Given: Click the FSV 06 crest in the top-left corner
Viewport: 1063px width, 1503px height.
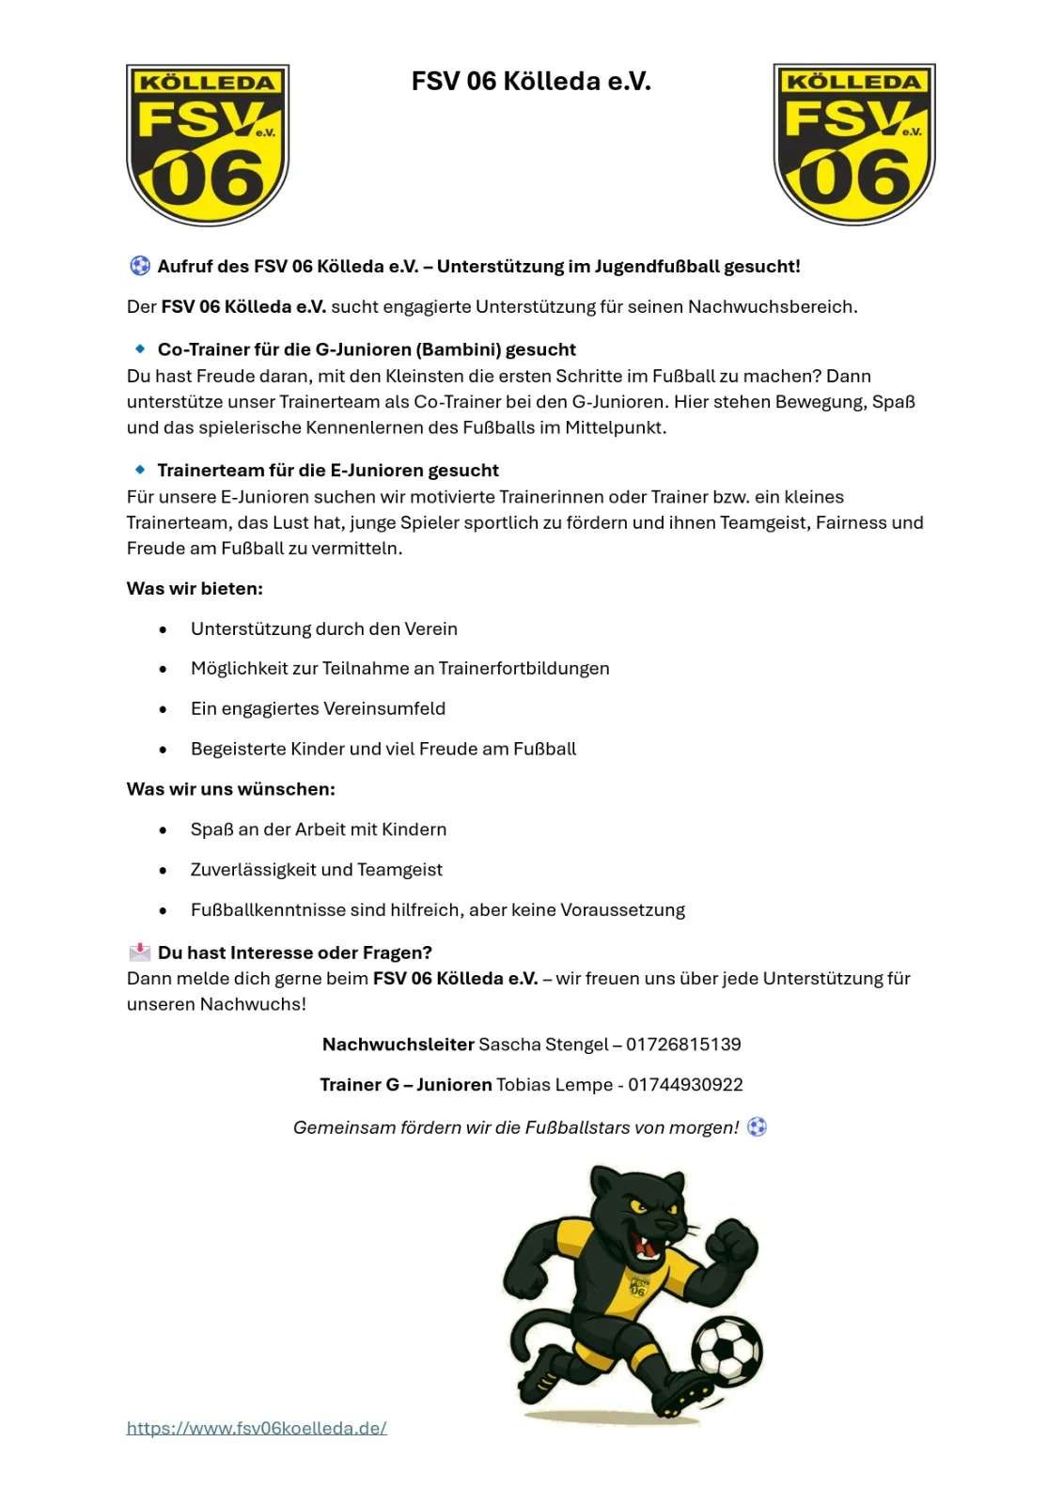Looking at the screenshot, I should coord(208,145).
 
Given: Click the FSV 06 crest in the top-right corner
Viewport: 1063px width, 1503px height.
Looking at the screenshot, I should coord(853,145).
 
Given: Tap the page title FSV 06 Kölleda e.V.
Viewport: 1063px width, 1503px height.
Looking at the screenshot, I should coord(531,82).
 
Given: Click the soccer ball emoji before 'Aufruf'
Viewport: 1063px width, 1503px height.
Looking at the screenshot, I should coord(140,266).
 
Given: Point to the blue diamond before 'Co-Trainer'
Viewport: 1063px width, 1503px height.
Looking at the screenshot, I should coord(140,349).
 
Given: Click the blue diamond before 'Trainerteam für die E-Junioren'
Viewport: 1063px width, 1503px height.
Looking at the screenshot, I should coord(140,470).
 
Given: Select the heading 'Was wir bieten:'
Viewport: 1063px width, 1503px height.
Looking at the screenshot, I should coord(195,589).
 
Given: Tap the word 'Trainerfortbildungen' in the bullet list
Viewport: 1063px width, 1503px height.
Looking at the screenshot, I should coord(524,669).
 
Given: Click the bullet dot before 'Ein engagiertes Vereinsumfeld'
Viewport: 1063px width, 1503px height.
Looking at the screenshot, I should coord(164,710).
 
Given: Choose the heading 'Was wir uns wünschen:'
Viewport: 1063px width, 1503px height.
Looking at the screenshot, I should coord(230,789).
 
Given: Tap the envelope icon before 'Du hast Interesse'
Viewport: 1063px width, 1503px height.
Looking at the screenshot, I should coord(140,953).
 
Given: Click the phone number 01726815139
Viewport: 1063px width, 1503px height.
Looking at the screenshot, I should coord(683,1045).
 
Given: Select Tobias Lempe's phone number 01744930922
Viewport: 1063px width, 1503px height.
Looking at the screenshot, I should coord(685,1085).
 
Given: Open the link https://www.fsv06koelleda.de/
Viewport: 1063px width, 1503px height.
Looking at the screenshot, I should coord(257,1429).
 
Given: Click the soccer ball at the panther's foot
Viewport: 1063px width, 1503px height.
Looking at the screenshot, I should coord(727,1351).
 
